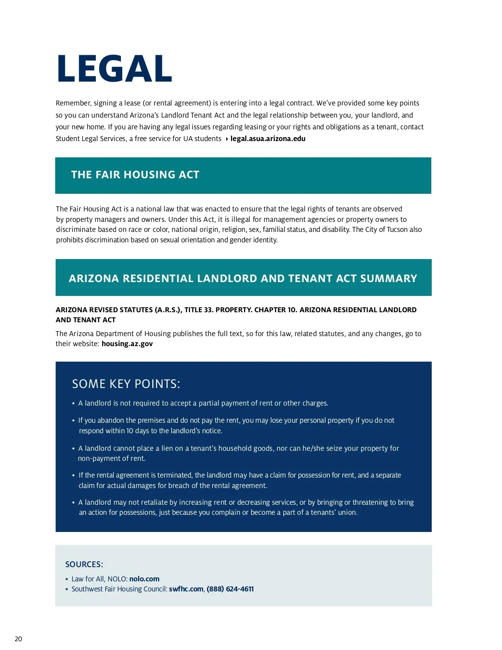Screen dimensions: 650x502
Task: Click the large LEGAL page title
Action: pyautogui.click(x=114, y=69)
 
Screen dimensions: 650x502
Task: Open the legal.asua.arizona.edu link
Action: pyautogui.click(x=268, y=139)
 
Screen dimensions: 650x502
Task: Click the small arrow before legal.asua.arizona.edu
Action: pyautogui.click(x=227, y=139)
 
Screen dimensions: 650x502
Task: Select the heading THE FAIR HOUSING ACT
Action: pyautogui.click(x=135, y=175)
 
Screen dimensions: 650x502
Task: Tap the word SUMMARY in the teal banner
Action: pyautogui.click(x=388, y=278)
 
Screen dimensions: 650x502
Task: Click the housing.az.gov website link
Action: pyautogui.click(x=127, y=344)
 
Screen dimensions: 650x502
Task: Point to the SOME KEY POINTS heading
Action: pyautogui.click(x=126, y=384)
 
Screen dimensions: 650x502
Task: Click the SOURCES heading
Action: pyautogui.click(x=84, y=564)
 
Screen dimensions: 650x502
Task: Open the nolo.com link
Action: pyautogui.click(x=144, y=579)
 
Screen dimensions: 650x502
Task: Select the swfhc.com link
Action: pyautogui.click(x=186, y=589)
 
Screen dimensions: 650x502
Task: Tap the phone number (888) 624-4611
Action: pyautogui.click(x=230, y=589)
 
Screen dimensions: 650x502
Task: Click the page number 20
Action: pyautogui.click(x=18, y=639)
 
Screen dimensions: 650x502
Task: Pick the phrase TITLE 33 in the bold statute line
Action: pyautogui.click(x=199, y=310)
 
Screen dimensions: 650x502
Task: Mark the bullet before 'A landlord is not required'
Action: pyautogui.click(x=74, y=403)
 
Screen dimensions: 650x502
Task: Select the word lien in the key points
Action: pyautogui.click(x=167, y=448)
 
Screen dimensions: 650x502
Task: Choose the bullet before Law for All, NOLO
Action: pyautogui.click(x=67, y=579)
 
